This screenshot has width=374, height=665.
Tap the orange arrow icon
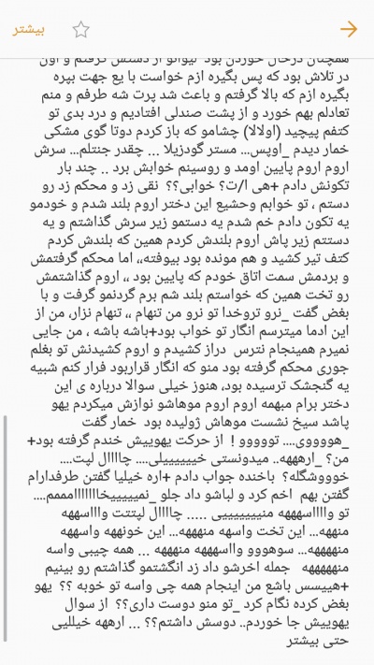pyautogui.click(x=349, y=27)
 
